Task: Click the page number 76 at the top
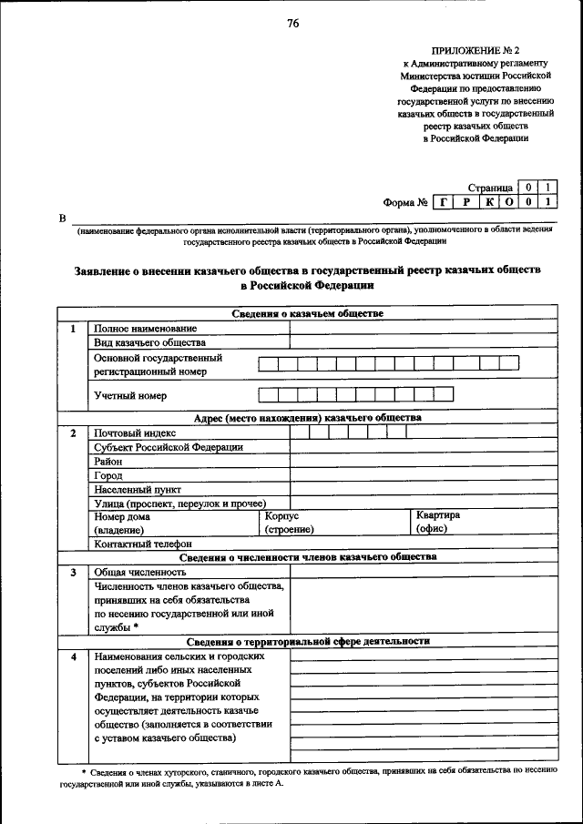[x=292, y=24]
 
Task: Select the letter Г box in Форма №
[x=443, y=202]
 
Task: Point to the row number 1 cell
[x=72, y=329]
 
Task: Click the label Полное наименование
[x=145, y=329]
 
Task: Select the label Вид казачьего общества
[x=149, y=343]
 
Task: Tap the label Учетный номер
[x=130, y=396]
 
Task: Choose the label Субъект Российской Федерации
[x=169, y=447]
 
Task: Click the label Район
[x=108, y=462]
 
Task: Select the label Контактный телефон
[x=143, y=544]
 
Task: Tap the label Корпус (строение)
[x=289, y=523]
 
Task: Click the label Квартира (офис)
[x=437, y=522]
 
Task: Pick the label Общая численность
[x=140, y=573]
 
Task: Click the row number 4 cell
[x=72, y=656]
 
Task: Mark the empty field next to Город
[x=424, y=475]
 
